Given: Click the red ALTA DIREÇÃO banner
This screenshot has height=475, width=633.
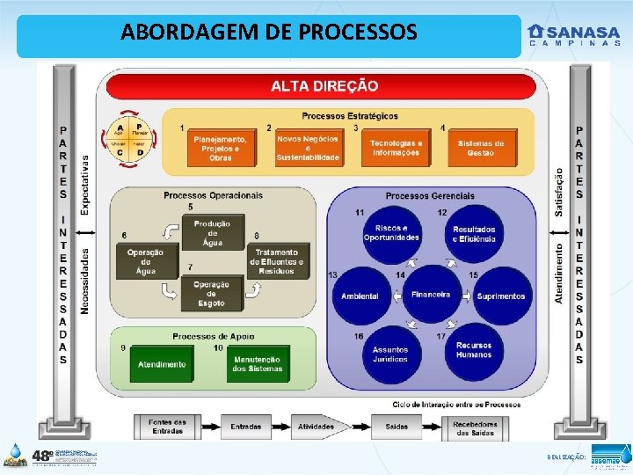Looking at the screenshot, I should pos(324,86).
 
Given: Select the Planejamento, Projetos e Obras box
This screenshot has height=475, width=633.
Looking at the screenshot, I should pos(221,147).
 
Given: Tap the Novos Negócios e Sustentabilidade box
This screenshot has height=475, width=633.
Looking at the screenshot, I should pos(308,147).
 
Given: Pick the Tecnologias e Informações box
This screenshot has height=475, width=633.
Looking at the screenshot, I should pos(397,147).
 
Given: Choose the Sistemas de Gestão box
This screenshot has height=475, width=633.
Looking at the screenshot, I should pos(481,147).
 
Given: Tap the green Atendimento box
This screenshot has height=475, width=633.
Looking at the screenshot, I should pos(161,364).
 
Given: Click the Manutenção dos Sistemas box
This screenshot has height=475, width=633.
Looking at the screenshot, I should pos(258,363).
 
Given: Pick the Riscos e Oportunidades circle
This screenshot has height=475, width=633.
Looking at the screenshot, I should pos(391,233).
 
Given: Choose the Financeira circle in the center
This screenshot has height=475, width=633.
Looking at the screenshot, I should pos(431,294).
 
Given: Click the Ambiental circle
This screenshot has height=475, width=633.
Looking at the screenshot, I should pos(360,296).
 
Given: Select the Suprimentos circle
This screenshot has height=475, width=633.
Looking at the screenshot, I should pos(500,296).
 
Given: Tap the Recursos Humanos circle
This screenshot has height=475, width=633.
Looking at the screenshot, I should pos(474,350).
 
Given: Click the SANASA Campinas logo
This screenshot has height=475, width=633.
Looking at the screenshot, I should pos(572,35).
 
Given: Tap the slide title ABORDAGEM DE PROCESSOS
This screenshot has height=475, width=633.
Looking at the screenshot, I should pos(269,33).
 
